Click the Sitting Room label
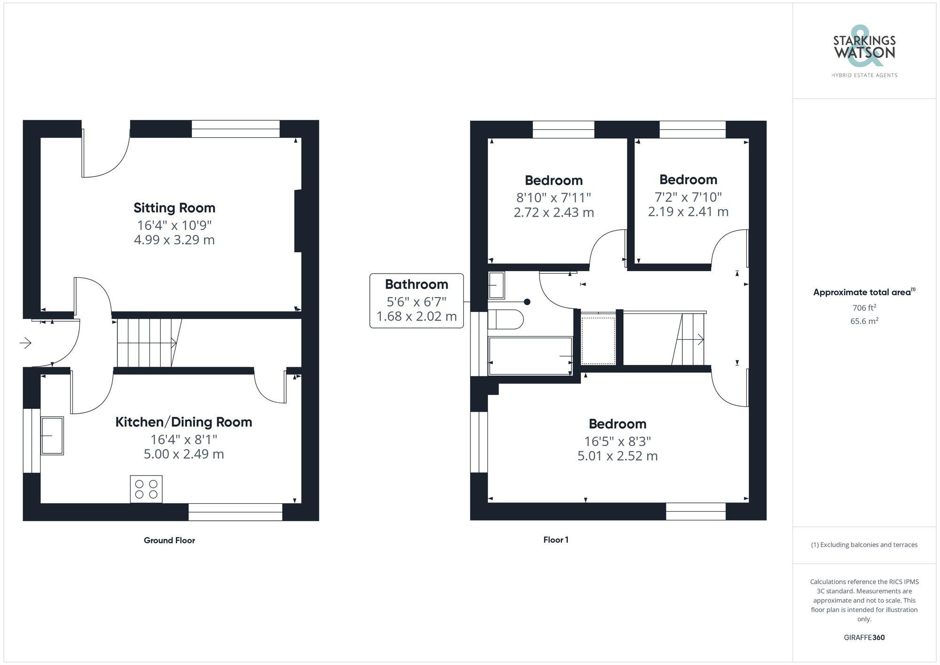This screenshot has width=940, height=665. pyautogui.click(x=174, y=208)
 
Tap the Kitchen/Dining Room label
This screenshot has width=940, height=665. pyautogui.click(x=184, y=422)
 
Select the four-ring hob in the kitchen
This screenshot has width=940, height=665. pyautogui.click(x=146, y=489)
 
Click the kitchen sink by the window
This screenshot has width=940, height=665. pyautogui.click(x=52, y=436)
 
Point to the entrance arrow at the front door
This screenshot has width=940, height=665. pyautogui.click(x=25, y=343)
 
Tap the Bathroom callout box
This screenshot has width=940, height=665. pyautogui.click(x=416, y=300)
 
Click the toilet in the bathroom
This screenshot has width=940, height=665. pyautogui.click(x=506, y=320)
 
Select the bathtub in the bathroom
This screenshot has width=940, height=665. pyautogui.click(x=530, y=356)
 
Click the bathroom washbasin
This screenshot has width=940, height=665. pyautogui.click(x=496, y=285)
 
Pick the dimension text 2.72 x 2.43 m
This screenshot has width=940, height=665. pyautogui.click(x=554, y=212)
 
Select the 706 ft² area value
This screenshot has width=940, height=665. pyautogui.click(x=864, y=308)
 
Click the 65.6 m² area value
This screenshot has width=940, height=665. pyautogui.click(x=864, y=321)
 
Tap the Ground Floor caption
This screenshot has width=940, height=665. pyautogui.click(x=169, y=540)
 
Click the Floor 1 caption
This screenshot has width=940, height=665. pyautogui.click(x=556, y=540)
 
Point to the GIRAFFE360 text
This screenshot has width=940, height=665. pyautogui.click(x=864, y=637)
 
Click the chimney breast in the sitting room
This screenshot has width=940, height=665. pyautogui.click(x=298, y=221)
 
